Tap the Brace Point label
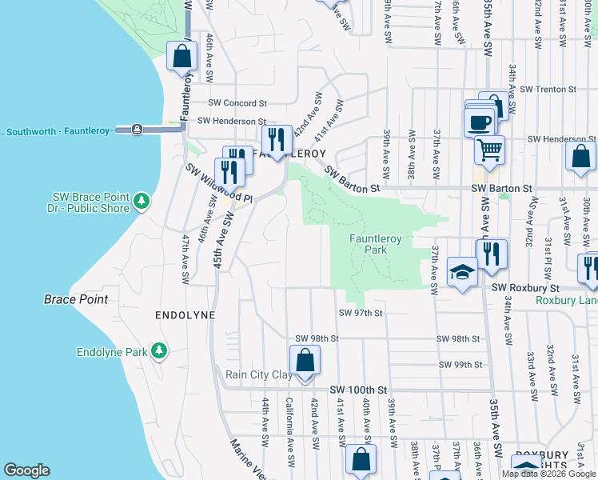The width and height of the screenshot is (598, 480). tap(75, 299)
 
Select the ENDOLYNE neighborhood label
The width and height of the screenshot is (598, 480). tap(185, 315)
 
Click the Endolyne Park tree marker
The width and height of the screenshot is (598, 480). tap(159, 350)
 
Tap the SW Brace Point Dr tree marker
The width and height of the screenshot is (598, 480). tap(142, 199)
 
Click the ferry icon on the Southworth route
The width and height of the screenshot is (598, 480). tap(138, 129)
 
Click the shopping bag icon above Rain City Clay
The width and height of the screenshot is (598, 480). tap(305, 360)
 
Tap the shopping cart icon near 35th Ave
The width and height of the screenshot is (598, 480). tap(489, 148)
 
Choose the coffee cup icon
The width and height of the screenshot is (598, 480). tap(480, 122)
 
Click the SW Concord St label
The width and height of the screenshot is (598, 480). tap(237, 103)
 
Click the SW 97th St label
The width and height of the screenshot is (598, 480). tap(362, 313)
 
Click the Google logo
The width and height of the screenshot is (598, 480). tap(26, 470)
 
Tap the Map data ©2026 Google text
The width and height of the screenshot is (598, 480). tap(548, 474)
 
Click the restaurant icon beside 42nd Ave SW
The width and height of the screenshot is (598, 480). tap(275, 139)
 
